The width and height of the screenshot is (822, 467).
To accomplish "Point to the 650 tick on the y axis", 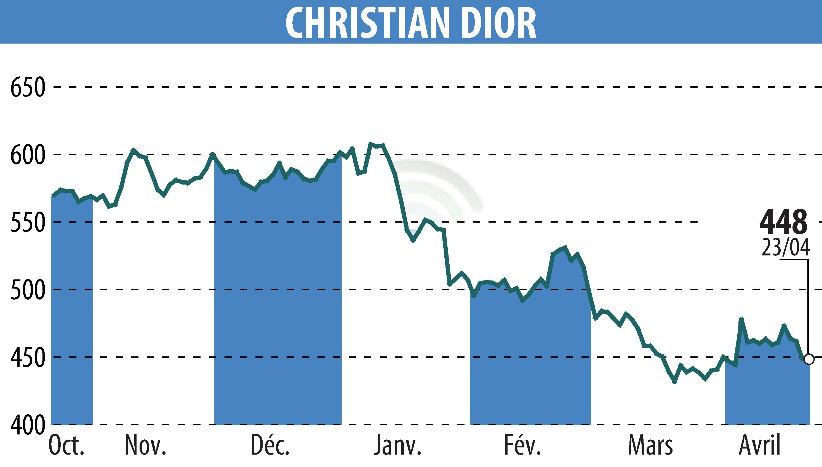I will click(27, 87).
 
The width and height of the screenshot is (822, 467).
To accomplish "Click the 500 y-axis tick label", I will click(27, 290).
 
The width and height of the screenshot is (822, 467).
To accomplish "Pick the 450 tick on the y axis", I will click(27, 357).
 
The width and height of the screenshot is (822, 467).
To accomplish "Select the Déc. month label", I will click(270, 445).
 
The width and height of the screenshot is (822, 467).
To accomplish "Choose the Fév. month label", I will click(523, 445).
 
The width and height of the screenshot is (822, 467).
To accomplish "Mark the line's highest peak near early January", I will click(371, 144).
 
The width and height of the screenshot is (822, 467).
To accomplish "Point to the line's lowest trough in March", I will click(674, 382).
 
